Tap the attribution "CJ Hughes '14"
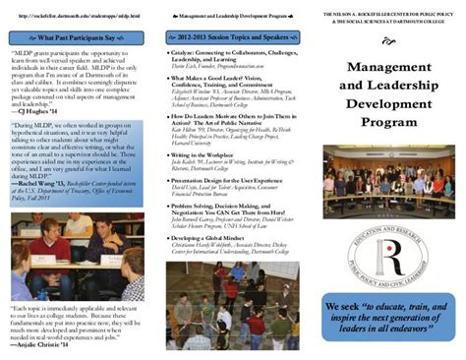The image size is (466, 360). pos(40,111)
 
